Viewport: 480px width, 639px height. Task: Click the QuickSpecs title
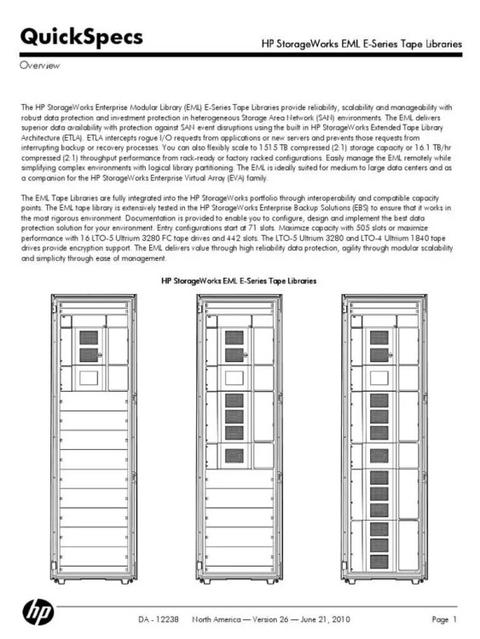[x=81, y=37]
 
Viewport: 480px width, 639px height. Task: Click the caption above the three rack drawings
[x=239, y=280]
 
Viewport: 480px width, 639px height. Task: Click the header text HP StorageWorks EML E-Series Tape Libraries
[x=361, y=43]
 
